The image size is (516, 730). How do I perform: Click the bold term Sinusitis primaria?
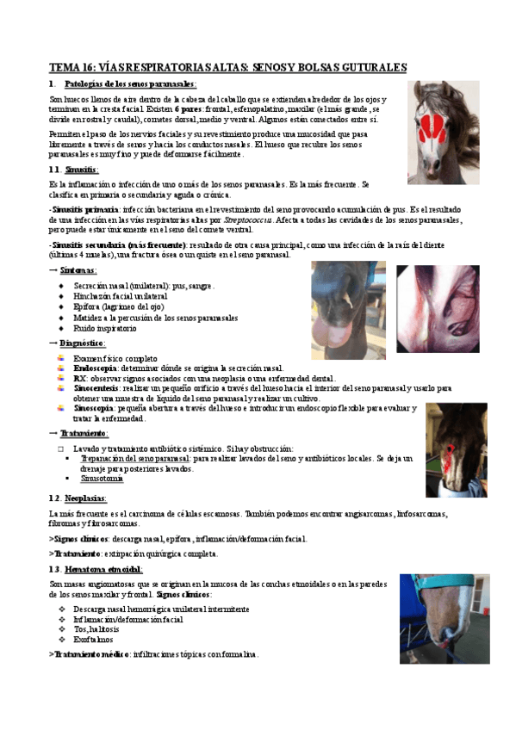click(x=85, y=210)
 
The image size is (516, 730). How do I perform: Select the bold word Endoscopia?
click(x=96, y=368)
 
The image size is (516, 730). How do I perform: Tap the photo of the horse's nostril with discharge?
click(x=348, y=308)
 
